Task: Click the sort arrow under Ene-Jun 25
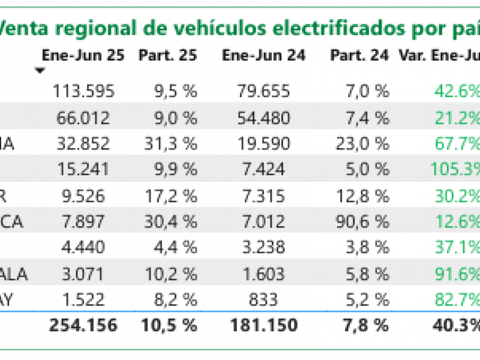(x=40, y=70)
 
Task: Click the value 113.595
(x=83, y=91)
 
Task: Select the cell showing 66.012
(x=83, y=118)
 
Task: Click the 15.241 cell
(x=83, y=170)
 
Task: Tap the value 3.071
(x=83, y=274)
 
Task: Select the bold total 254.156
(x=83, y=326)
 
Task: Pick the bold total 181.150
(x=263, y=326)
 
